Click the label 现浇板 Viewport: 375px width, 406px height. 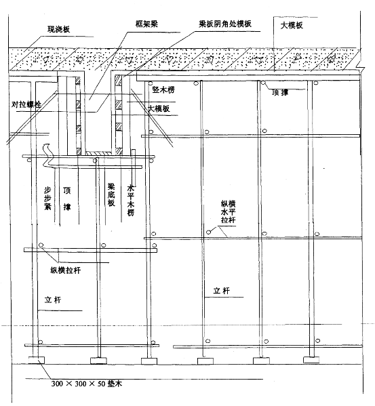58,29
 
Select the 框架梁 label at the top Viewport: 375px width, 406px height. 146,24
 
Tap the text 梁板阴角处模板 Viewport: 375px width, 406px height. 225,24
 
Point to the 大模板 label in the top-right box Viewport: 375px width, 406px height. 292,25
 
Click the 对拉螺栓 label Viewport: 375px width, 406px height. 26,104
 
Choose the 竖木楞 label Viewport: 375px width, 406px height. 163,89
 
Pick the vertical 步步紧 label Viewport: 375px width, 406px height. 47,199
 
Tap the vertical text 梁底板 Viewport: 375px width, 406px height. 111,195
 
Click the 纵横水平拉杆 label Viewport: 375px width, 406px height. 228,211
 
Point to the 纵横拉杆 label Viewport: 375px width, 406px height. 66,270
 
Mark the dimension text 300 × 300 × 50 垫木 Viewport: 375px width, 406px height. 87,384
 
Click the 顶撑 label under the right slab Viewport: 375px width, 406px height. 280,92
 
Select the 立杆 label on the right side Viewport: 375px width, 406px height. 222,291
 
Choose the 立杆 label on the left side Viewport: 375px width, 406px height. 53,300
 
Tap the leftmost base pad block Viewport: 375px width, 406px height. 36,360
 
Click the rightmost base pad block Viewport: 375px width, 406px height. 311,360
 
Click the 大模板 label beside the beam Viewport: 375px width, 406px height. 159,108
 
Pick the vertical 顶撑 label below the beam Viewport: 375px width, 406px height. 67,199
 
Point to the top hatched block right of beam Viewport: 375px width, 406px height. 118,79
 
